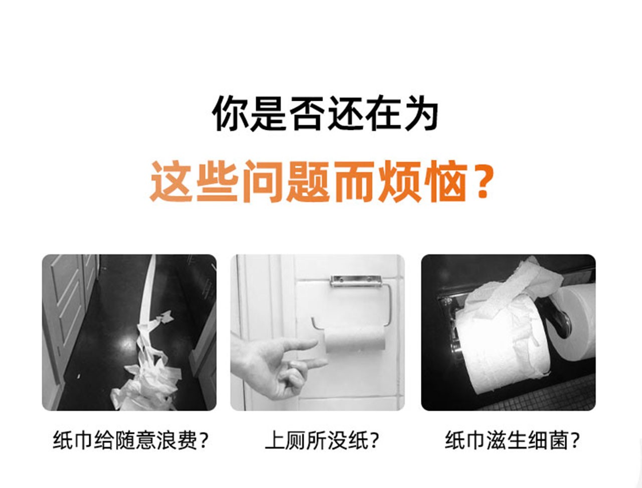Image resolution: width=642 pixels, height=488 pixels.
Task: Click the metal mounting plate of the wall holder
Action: coord(356,280)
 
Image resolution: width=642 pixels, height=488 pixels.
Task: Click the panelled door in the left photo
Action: coord(69,321)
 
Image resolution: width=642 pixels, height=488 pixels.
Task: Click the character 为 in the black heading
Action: coord(420,113)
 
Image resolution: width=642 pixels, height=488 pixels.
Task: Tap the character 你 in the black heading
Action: coord(230,113)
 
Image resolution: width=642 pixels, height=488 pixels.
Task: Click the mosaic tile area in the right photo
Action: coord(544,395)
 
